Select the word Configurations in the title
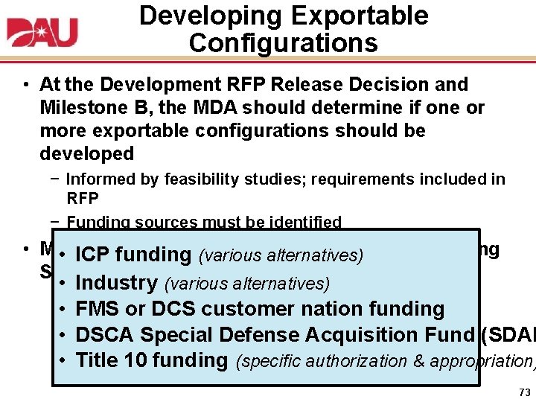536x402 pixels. [283, 42]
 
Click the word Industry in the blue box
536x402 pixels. [117, 283]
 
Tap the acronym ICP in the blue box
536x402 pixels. [93, 255]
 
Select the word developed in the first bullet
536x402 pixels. [86, 154]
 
